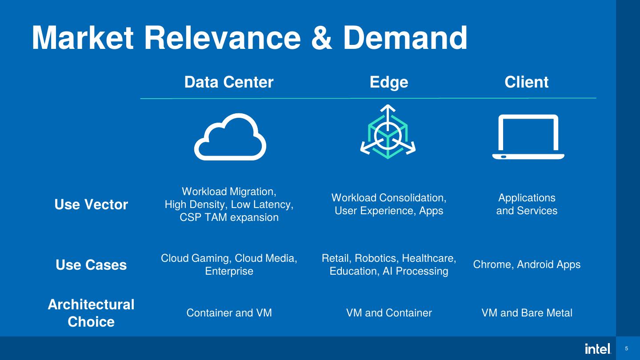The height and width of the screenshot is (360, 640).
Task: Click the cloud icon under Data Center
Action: [230, 136]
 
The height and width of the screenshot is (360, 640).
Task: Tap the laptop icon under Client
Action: [528, 136]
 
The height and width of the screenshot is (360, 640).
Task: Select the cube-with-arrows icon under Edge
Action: [388, 132]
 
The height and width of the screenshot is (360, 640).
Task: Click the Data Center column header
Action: [229, 82]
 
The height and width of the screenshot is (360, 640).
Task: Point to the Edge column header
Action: [389, 82]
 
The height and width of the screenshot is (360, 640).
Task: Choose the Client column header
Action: [527, 82]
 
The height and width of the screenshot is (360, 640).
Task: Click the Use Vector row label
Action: [91, 204]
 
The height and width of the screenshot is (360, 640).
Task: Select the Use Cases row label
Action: [91, 265]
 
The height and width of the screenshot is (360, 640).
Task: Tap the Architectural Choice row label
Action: [91, 313]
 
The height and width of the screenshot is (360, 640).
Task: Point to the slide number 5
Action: [627, 348]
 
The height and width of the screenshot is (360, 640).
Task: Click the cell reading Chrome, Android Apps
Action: [527, 264]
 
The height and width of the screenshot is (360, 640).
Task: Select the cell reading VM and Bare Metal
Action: [527, 313]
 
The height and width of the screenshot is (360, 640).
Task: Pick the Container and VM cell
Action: [229, 313]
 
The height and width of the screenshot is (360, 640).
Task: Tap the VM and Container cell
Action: [389, 313]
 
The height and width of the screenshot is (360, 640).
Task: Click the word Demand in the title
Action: [405, 38]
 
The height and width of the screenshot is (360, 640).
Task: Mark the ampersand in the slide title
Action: [322, 38]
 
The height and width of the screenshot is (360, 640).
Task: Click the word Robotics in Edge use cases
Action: [377, 258]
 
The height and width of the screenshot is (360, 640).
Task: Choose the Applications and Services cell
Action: [527, 204]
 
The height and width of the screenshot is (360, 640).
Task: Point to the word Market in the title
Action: [83, 38]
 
